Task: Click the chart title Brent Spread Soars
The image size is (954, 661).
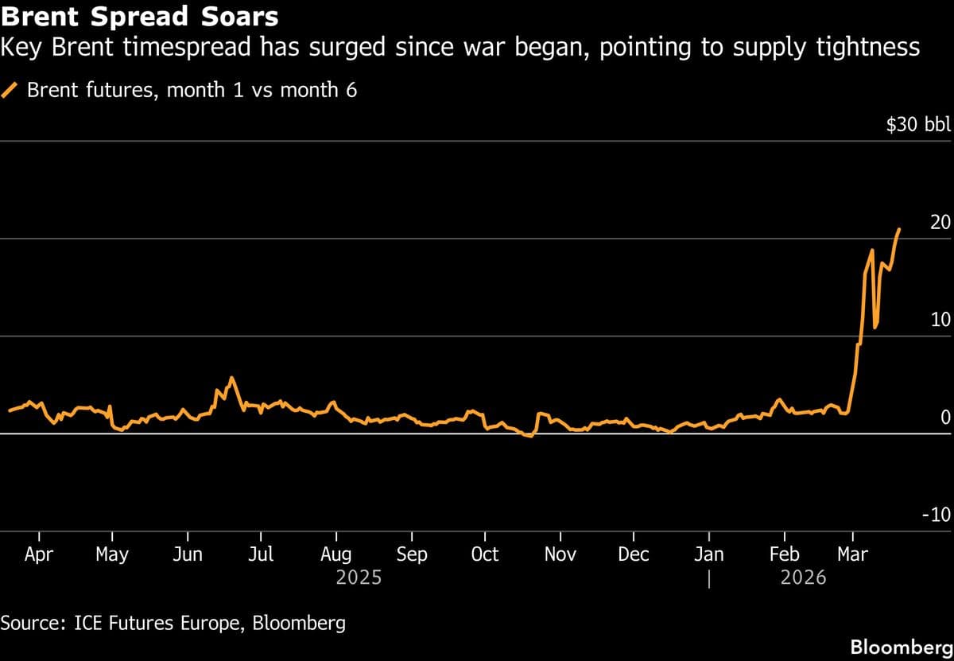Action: click(139, 16)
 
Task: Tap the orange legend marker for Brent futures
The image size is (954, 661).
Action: click(10, 90)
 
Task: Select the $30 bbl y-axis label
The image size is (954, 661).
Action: click(918, 125)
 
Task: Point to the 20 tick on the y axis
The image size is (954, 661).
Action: click(940, 223)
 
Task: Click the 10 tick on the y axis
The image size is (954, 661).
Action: click(940, 320)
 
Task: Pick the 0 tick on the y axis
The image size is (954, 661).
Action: click(945, 418)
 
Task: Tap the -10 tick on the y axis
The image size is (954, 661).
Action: click(936, 515)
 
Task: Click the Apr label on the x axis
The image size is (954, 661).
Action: click(38, 554)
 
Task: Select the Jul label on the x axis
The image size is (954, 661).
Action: click(261, 554)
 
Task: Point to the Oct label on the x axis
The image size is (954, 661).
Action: click(484, 554)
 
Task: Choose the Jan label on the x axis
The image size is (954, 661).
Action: click(708, 554)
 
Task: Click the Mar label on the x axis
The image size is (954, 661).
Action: click(852, 554)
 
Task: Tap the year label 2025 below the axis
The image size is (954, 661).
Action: click(359, 577)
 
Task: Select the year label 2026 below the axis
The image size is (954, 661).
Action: click(803, 577)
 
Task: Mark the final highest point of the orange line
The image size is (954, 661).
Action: click(899, 229)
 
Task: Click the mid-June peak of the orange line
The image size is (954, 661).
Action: click(231, 378)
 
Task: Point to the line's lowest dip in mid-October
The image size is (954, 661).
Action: click(529, 437)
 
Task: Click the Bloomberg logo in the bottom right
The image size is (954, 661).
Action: click(900, 647)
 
